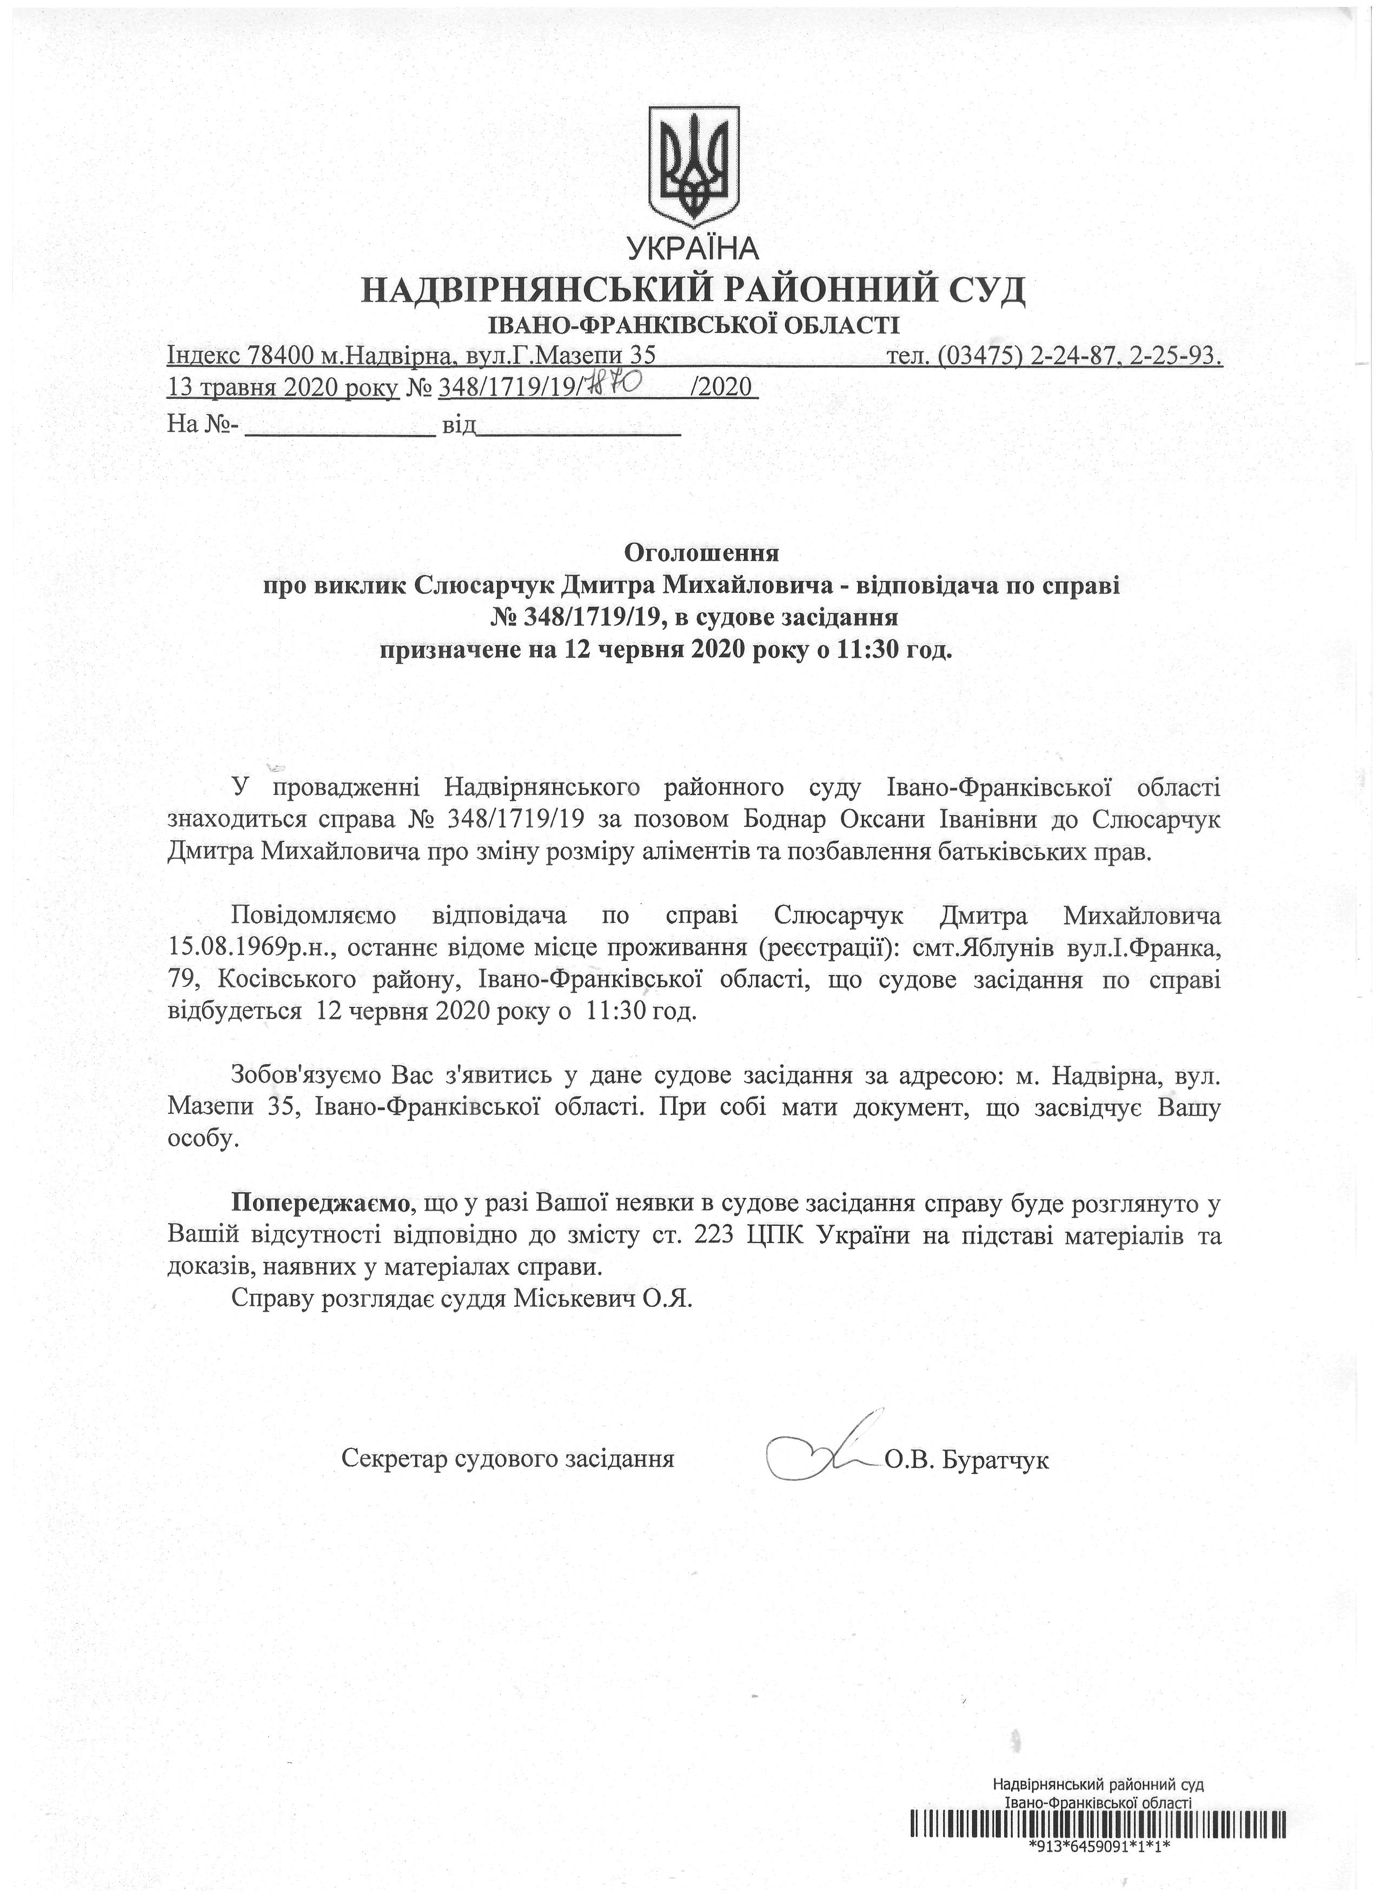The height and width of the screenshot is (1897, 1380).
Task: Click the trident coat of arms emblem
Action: point(694,165)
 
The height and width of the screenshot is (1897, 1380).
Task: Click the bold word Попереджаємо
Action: point(321,1204)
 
